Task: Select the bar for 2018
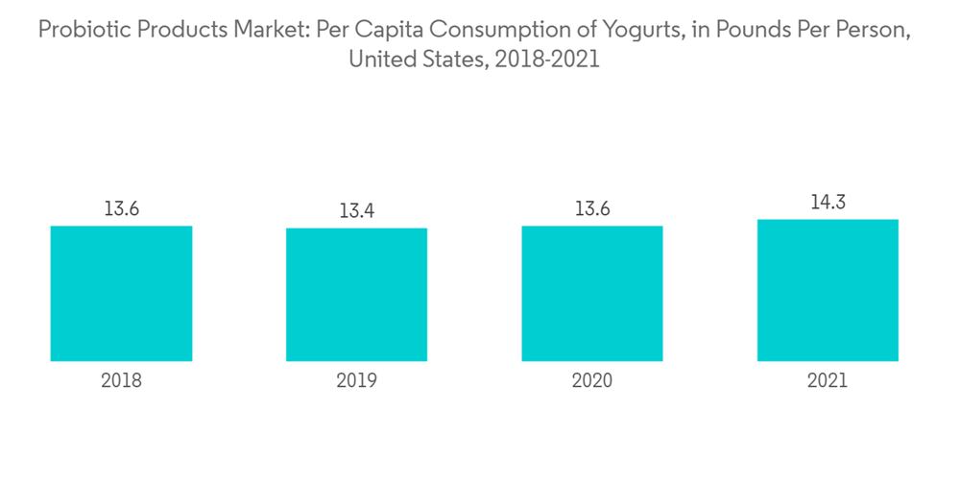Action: pyautogui.click(x=121, y=294)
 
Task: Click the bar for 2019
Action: pyautogui.click(x=356, y=295)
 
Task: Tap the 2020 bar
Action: pyautogui.click(x=592, y=294)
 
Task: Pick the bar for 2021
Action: pyautogui.click(x=828, y=290)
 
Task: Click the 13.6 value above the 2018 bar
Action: pyautogui.click(x=121, y=208)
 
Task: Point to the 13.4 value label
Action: pyautogui.click(x=356, y=211)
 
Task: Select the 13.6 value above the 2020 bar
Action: pyautogui.click(x=592, y=208)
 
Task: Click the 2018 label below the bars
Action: pyautogui.click(x=121, y=381)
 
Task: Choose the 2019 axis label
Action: pyautogui.click(x=356, y=381)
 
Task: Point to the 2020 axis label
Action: pyautogui.click(x=592, y=381)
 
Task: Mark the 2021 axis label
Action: pyautogui.click(x=828, y=381)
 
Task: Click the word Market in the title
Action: pyautogui.click(x=264, y=30)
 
